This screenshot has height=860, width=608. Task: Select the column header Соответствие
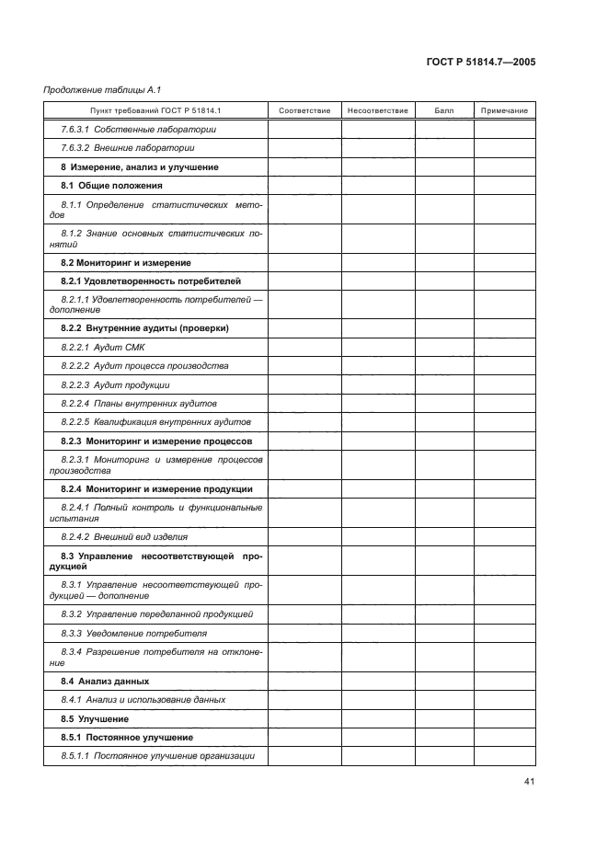click(304, 110)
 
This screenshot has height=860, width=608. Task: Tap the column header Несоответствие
click(377, 110)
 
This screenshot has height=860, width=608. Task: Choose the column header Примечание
click(504, 110)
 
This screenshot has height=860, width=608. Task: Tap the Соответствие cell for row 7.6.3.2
click(304, 148)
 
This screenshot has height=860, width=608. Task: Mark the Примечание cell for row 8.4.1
click(504, 700)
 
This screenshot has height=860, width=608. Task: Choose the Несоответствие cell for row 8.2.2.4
click(377, 404)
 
